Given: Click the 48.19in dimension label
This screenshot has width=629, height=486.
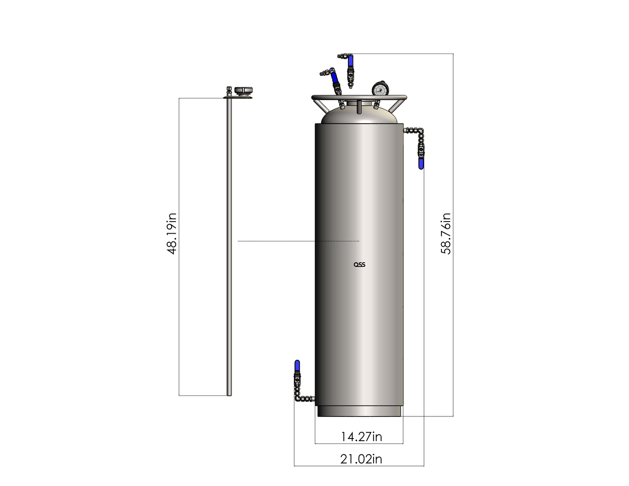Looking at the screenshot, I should [x=172, y=233].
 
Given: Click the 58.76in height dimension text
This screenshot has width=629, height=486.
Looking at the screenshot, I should [x=446, y=233].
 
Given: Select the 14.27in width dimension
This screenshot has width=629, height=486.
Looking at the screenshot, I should [x=361, y=436].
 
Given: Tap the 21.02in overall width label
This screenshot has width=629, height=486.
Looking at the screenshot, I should [x=361, y=459].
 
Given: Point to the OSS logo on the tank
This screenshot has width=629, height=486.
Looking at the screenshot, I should [x=360, y=265].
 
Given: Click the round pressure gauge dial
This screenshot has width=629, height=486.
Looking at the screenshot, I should [x=380, y=90].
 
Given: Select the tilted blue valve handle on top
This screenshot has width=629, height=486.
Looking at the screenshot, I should [x=335, y=77].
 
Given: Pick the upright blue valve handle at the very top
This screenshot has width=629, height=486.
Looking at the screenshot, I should [x=350, y=60].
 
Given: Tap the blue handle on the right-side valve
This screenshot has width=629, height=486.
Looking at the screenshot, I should [x=421, y=164].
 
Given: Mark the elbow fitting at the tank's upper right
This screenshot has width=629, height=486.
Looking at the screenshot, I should [x=419, y=130].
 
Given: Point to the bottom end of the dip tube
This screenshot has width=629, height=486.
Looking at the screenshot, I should [x=229, y=394].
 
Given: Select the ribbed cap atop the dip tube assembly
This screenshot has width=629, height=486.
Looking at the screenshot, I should [x=244, y=90].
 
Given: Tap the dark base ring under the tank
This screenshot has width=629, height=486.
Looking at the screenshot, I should [x=360, y=411].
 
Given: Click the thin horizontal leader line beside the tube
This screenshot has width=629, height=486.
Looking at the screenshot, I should [x=298, y=241].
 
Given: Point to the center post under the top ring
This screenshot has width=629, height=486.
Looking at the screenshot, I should [x=359, y=107].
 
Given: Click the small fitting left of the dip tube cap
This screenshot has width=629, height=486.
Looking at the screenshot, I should [x=229, y=90].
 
